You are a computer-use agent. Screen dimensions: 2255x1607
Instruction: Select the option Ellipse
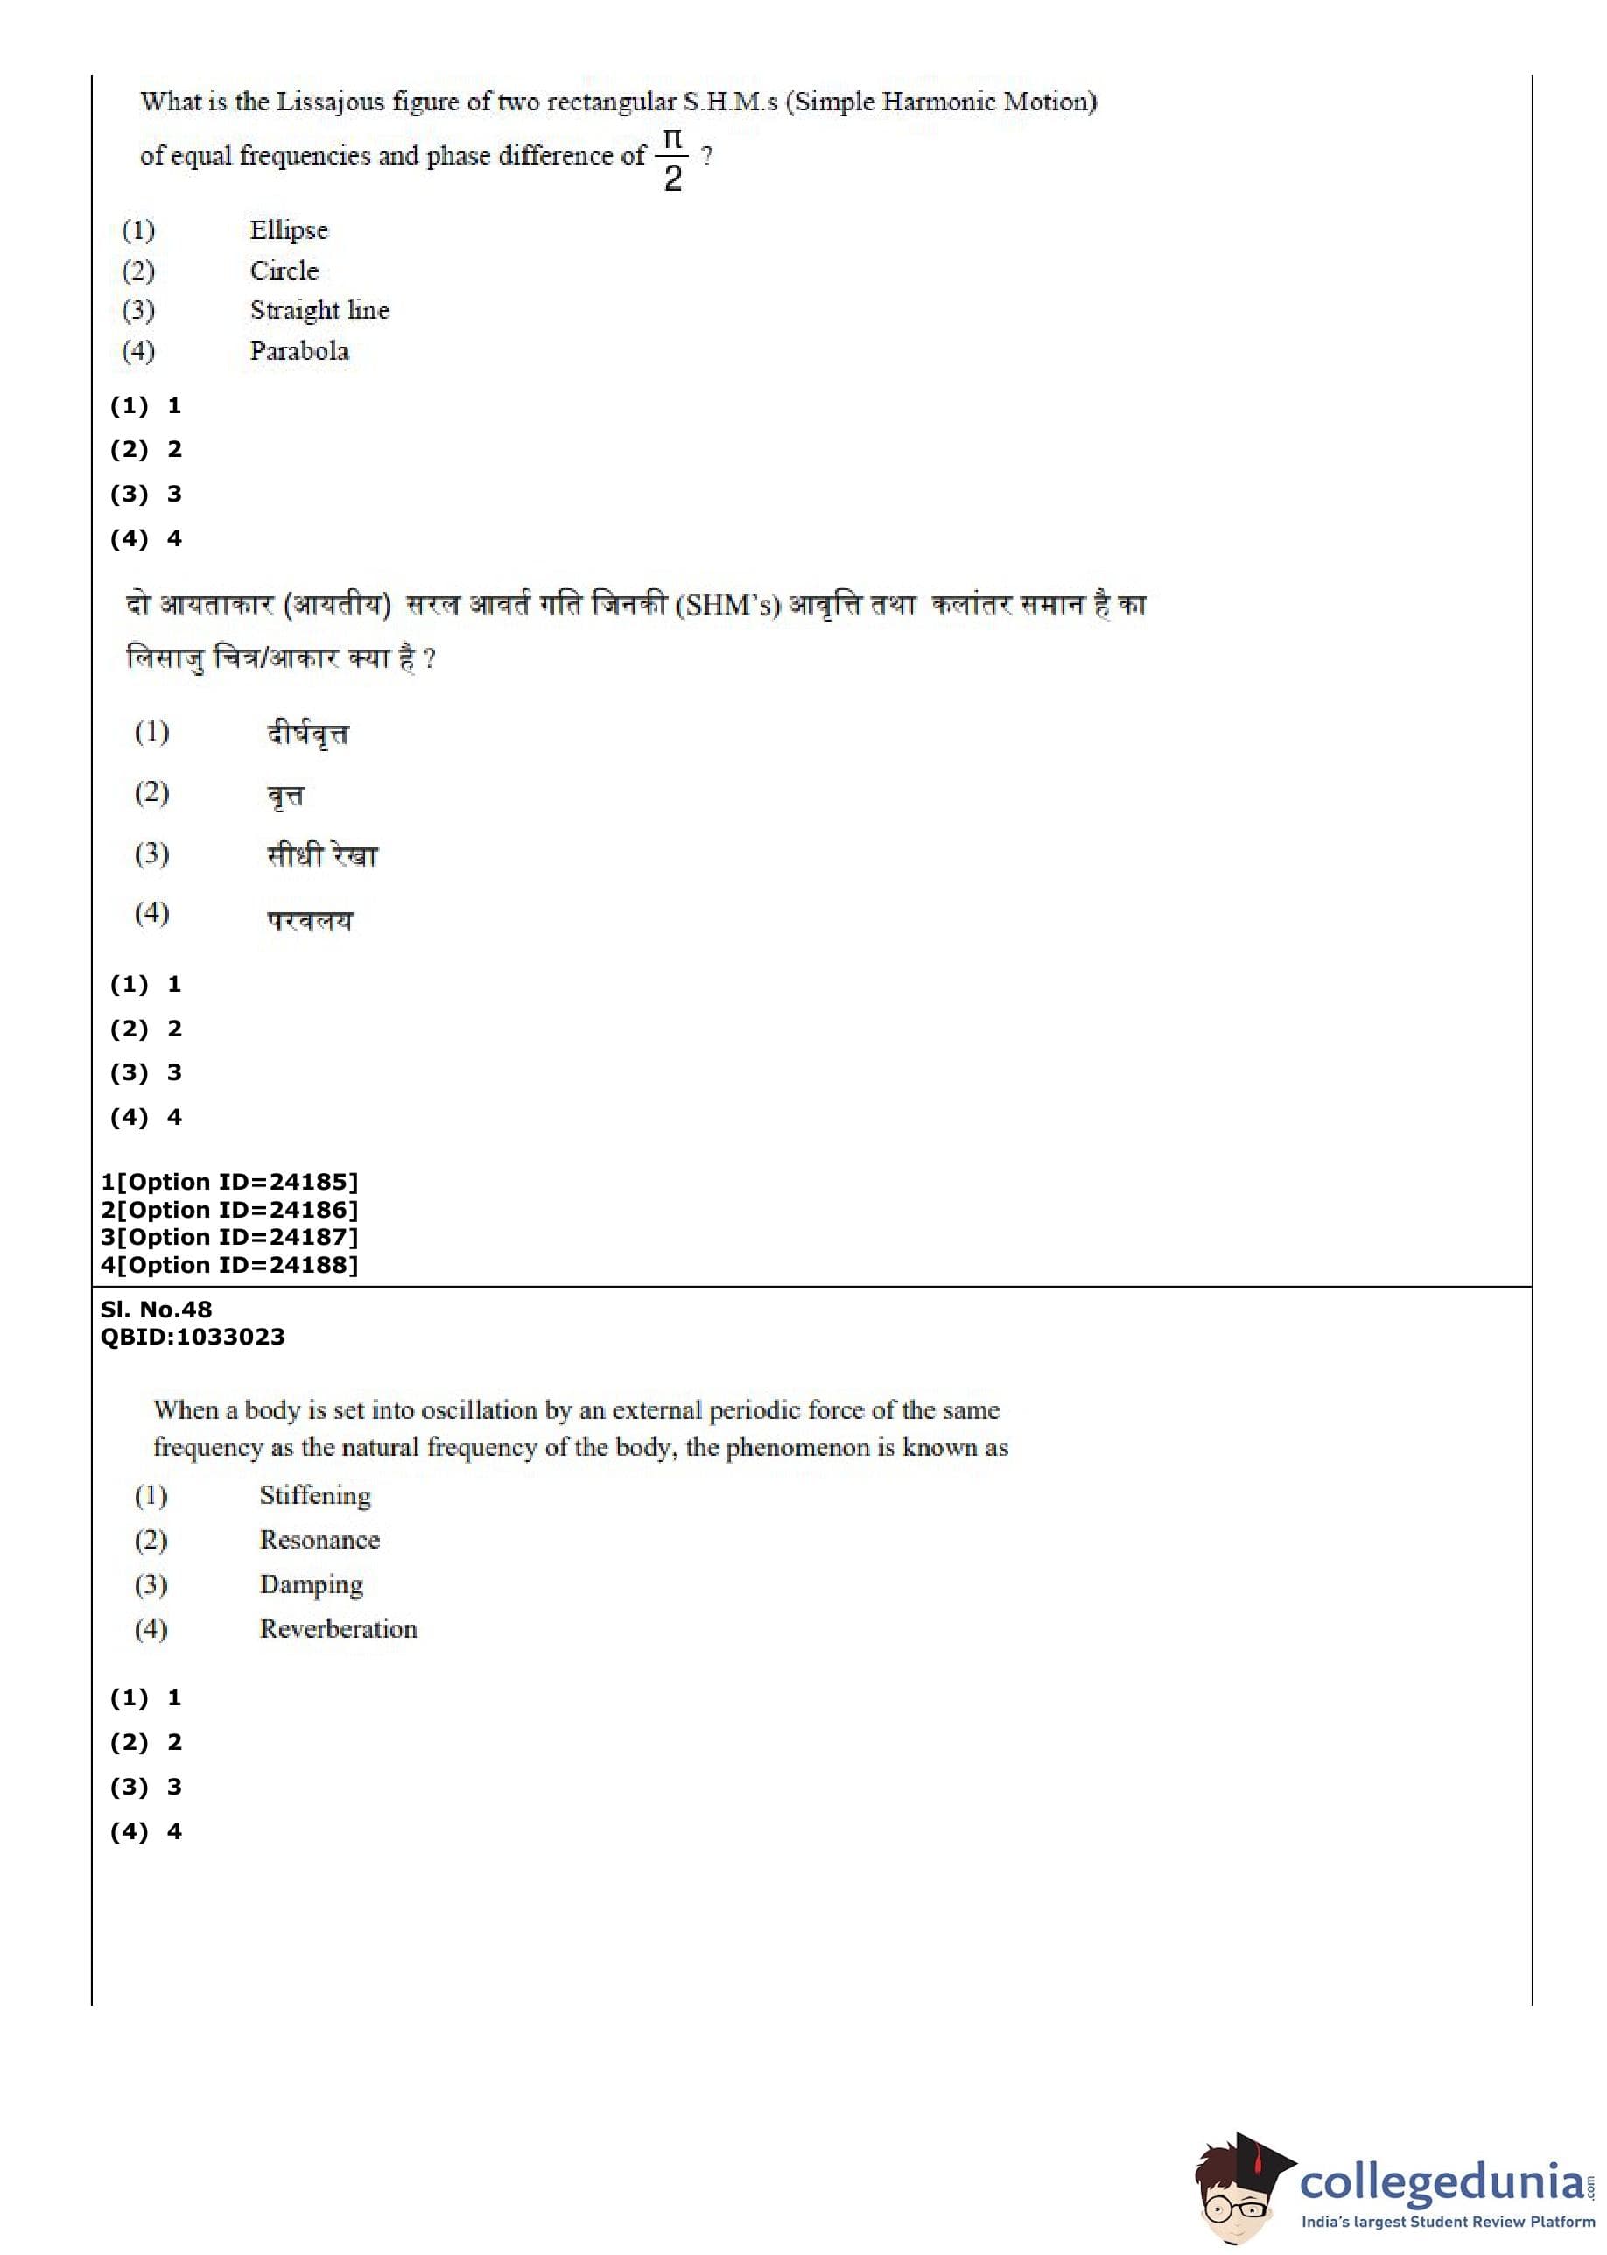coord(289,230)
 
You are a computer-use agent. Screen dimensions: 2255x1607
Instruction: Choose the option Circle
coord(284,271)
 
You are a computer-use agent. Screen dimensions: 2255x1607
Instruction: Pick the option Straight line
coord(319,311)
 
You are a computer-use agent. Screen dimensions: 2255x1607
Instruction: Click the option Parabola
coord(298,351)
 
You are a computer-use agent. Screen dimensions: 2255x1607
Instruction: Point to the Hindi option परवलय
coord(310,920)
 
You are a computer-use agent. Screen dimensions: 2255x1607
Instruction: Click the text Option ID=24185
coord(236,1182)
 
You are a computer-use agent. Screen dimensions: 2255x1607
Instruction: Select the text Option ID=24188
coord(236,1265)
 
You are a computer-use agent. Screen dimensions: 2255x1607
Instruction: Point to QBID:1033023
coord(193,1337)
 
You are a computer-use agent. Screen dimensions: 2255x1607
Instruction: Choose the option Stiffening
coord(315,1495)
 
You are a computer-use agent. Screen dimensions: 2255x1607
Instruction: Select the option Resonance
coord(319,1540)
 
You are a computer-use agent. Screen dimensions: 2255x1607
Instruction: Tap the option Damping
coord(311,1585)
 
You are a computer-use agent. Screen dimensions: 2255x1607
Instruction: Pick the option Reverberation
coord(339,1630)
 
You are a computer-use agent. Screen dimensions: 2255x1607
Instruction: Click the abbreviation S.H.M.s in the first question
coord(730,102)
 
